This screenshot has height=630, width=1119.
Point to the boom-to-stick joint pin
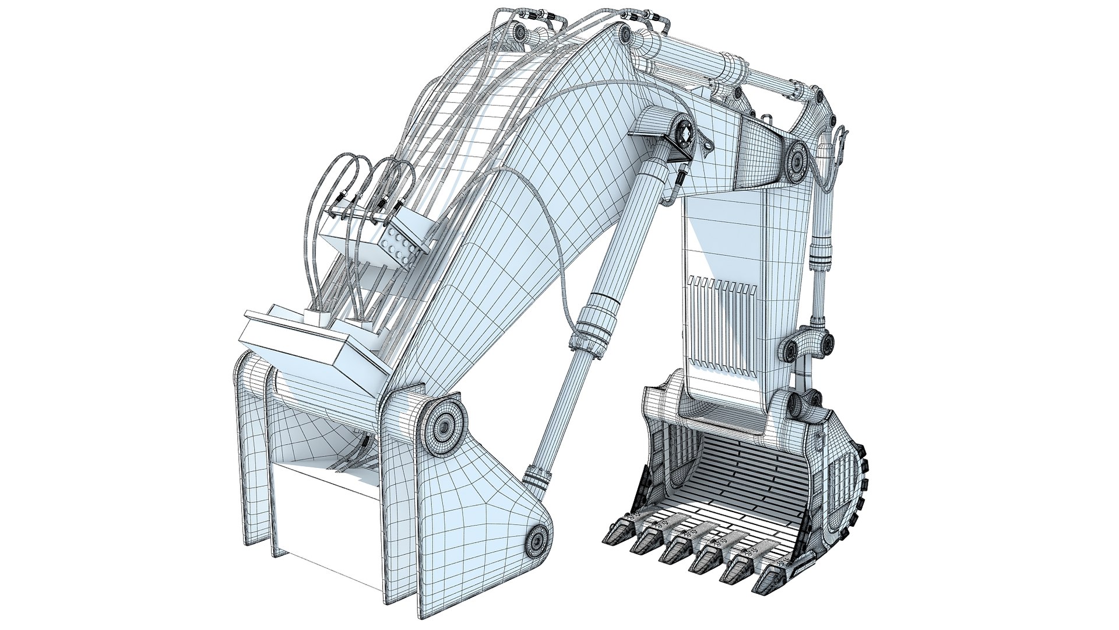tap(796, 160)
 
